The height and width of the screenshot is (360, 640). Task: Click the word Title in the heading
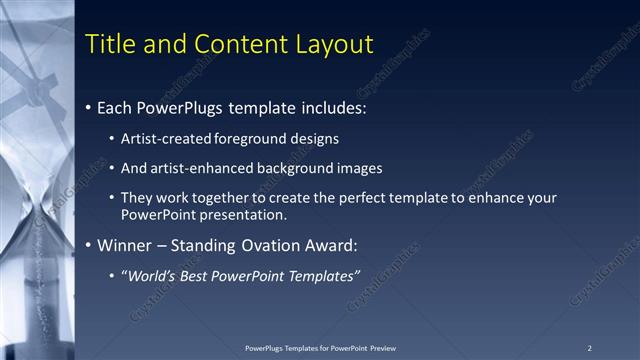[x=108, y=44]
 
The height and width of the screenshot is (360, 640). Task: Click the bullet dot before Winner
[x=90, y=245]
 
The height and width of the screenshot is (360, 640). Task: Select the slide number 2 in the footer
[x=589, y=347]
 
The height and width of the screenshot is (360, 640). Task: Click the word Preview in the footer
[x=381, y=347]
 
